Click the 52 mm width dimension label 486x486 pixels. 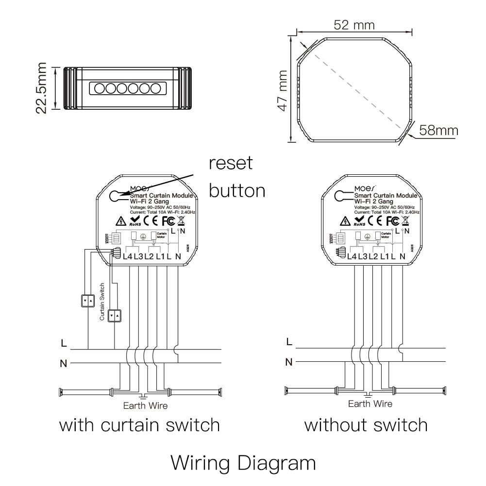pyautogui.click(x=354, y=25)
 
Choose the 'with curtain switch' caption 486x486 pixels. pyautogui.click(x=139, y=425)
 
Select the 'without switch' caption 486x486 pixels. pyautogui.click(x=366, y=425)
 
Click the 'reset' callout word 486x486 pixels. pyautogui.click(x=231, y=164)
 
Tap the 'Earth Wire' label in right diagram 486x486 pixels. pyautogui.click(x=370, y=403)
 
